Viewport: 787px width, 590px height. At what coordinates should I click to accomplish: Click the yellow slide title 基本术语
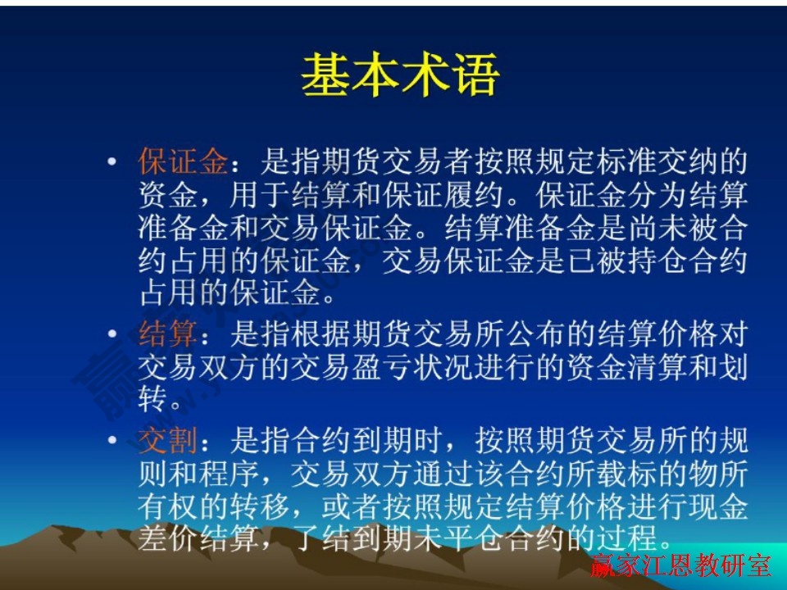(x=400, y=76)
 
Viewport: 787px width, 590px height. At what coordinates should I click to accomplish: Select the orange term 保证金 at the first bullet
(x=183, y=162)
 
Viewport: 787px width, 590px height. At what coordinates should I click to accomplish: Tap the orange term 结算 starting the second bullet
(x=168, y=334)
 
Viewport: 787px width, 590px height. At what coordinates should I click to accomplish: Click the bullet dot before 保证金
(x=111, y=161)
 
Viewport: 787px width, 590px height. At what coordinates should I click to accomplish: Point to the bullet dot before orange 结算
(x=111, y=334)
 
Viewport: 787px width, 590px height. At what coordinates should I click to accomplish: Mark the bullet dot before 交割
(x=111, y=442)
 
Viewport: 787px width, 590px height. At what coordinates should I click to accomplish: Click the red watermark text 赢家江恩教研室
(x=680, y=566)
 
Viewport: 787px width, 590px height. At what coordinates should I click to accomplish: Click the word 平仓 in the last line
(x=472, y=540)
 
